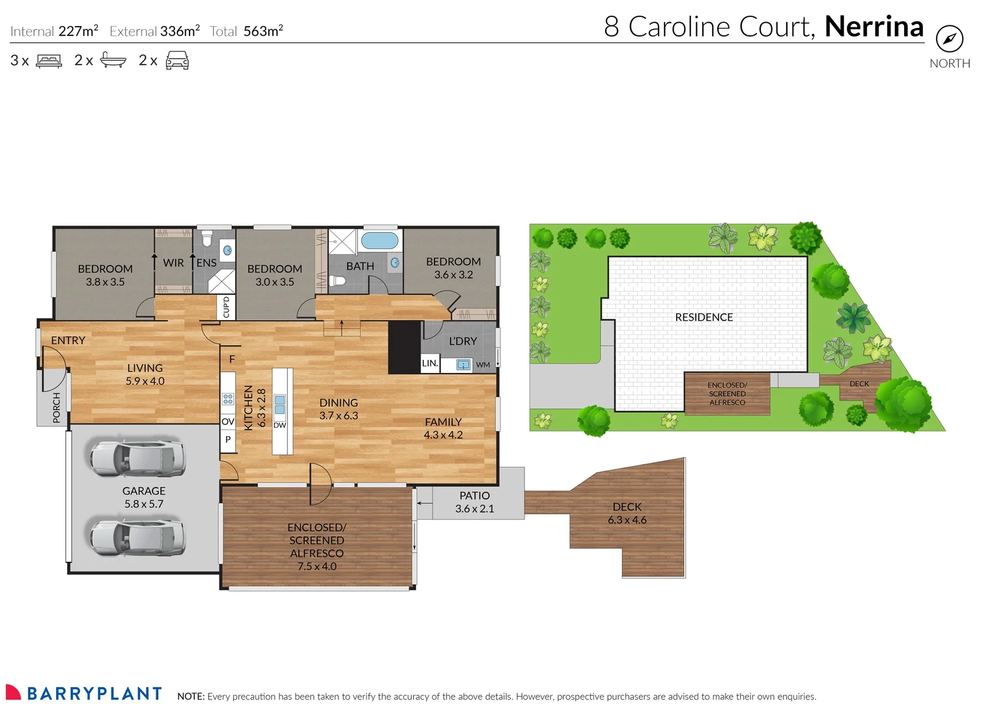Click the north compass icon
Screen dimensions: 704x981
(x=949, y=39)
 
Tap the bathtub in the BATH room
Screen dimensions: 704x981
(x=380, y=240)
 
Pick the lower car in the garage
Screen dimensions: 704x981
(x=137, y=537)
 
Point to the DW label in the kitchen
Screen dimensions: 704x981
(x=279, y=425)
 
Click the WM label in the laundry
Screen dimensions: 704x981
(x=483, y=365)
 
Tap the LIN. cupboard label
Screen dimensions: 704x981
(x=430, y=363)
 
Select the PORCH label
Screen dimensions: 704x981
(x=57, y=407)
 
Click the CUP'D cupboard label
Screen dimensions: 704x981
(x=226, y=307)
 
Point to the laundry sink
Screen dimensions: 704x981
(x=463, y=365)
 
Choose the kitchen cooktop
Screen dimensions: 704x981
(x=228, y=399)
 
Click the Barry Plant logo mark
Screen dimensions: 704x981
(x=13, y=692)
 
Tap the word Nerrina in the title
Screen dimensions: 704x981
(x=874, y=27)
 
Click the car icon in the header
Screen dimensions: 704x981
(x=177, y=61)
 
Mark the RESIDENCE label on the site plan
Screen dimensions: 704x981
(x=704, y=317)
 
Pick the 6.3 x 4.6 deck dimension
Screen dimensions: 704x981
(x=627, y=520)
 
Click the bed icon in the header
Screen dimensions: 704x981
(x=49, y=61)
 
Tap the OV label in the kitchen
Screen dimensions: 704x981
(x=228, y=422)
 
